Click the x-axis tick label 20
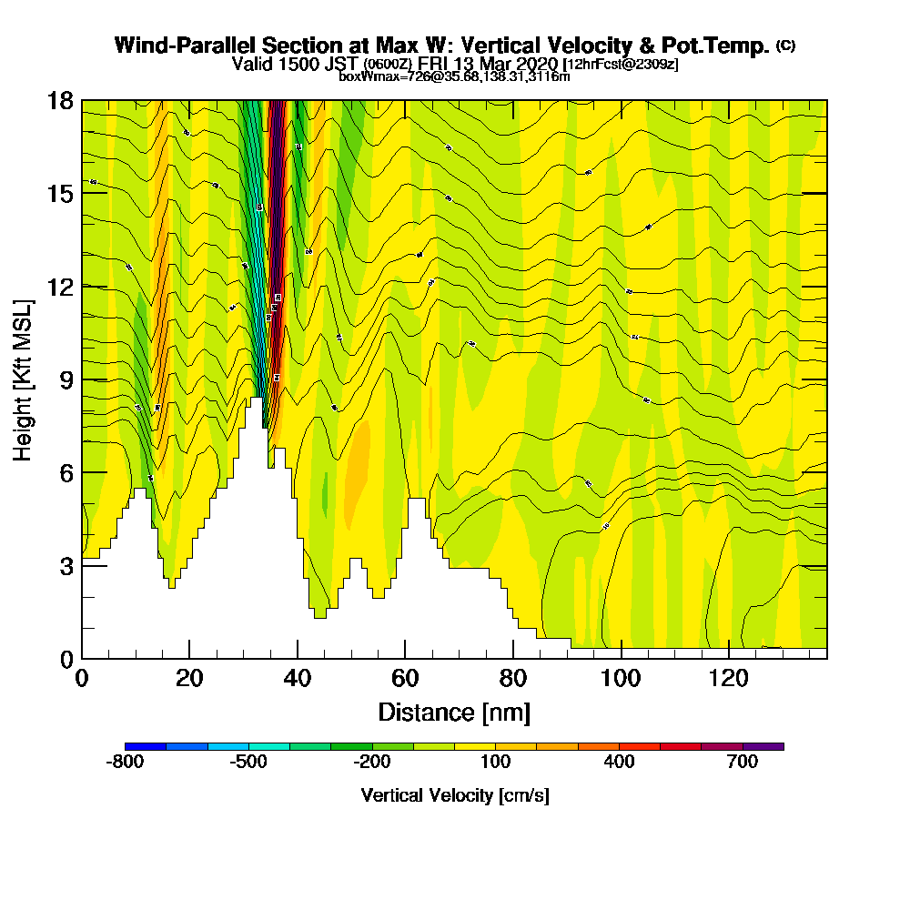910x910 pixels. [x=189, y=679]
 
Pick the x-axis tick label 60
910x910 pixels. [x=405, y=679]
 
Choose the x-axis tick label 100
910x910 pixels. [x=621, y=679]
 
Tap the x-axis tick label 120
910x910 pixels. [x=728, y=679]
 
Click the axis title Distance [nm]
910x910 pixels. [x=454, y=712]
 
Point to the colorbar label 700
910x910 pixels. [x=743, y=763]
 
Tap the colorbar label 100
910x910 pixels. [x=496, y=763]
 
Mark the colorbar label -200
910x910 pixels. [x=372, y=763]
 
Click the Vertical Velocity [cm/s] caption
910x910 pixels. [x=455, y=795]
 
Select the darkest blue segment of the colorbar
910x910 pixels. [x=146, y=746]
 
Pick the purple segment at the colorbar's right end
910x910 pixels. [x=763, y=746]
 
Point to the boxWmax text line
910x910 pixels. [x=454, y=76]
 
